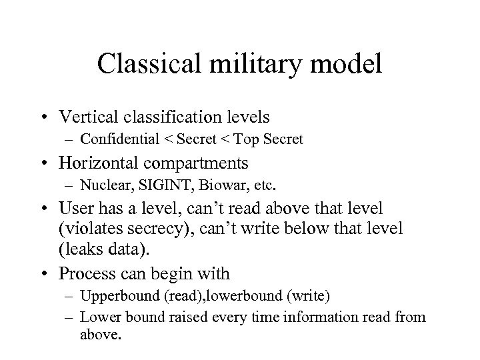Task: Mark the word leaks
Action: pyautogui.click(x=102, y=251)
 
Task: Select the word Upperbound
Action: pyautogui.click(x=113, y=296)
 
